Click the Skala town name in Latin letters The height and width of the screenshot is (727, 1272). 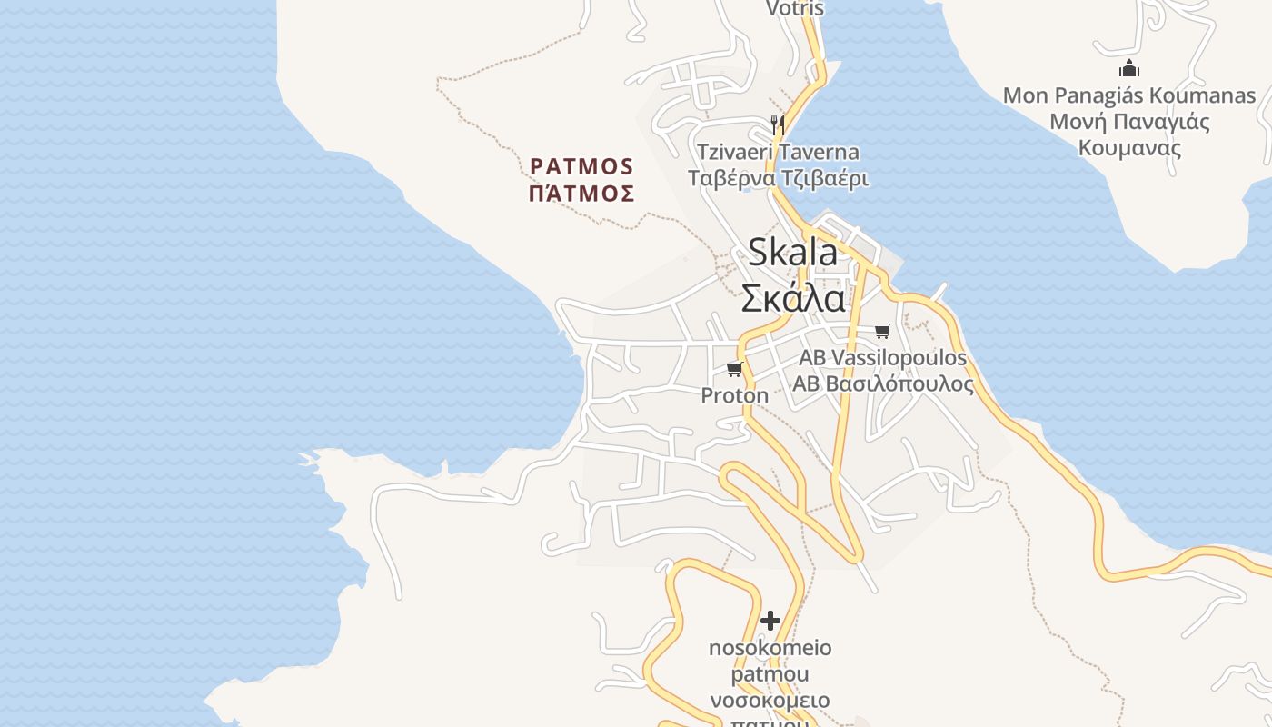tap(792, 253)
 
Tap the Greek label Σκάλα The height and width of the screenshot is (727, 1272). tap(792, 297)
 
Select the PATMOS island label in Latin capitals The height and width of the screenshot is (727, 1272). tap(581, 166)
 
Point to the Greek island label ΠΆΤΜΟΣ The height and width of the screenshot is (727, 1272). tap(581, 194)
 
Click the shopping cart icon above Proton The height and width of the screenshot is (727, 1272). tap(734, 369)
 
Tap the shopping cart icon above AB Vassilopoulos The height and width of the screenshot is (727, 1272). tap(882, 331)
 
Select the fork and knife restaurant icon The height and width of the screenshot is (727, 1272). tap(777, 124)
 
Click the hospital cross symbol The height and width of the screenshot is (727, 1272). tap(770, 621)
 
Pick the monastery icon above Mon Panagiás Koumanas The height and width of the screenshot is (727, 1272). tap(1129, 68)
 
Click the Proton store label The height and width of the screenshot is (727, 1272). tap(734, 395)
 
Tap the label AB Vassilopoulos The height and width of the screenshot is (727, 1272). tap(882, 358)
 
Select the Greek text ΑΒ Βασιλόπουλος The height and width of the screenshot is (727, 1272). tap(882, 384)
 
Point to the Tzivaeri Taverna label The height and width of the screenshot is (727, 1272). tap(778, 152)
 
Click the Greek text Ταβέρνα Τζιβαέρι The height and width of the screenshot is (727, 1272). tap(778, 178)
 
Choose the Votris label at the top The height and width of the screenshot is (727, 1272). tap(795, 9)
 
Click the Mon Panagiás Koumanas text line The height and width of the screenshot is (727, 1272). tap(1129, 95)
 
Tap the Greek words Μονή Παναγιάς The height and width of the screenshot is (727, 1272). tap(1129, 122)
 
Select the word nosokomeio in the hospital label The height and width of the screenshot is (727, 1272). tap(770, 648)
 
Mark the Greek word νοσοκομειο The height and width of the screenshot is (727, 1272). tap(770, 701)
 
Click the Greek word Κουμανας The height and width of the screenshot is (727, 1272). tap(1129, 148)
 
